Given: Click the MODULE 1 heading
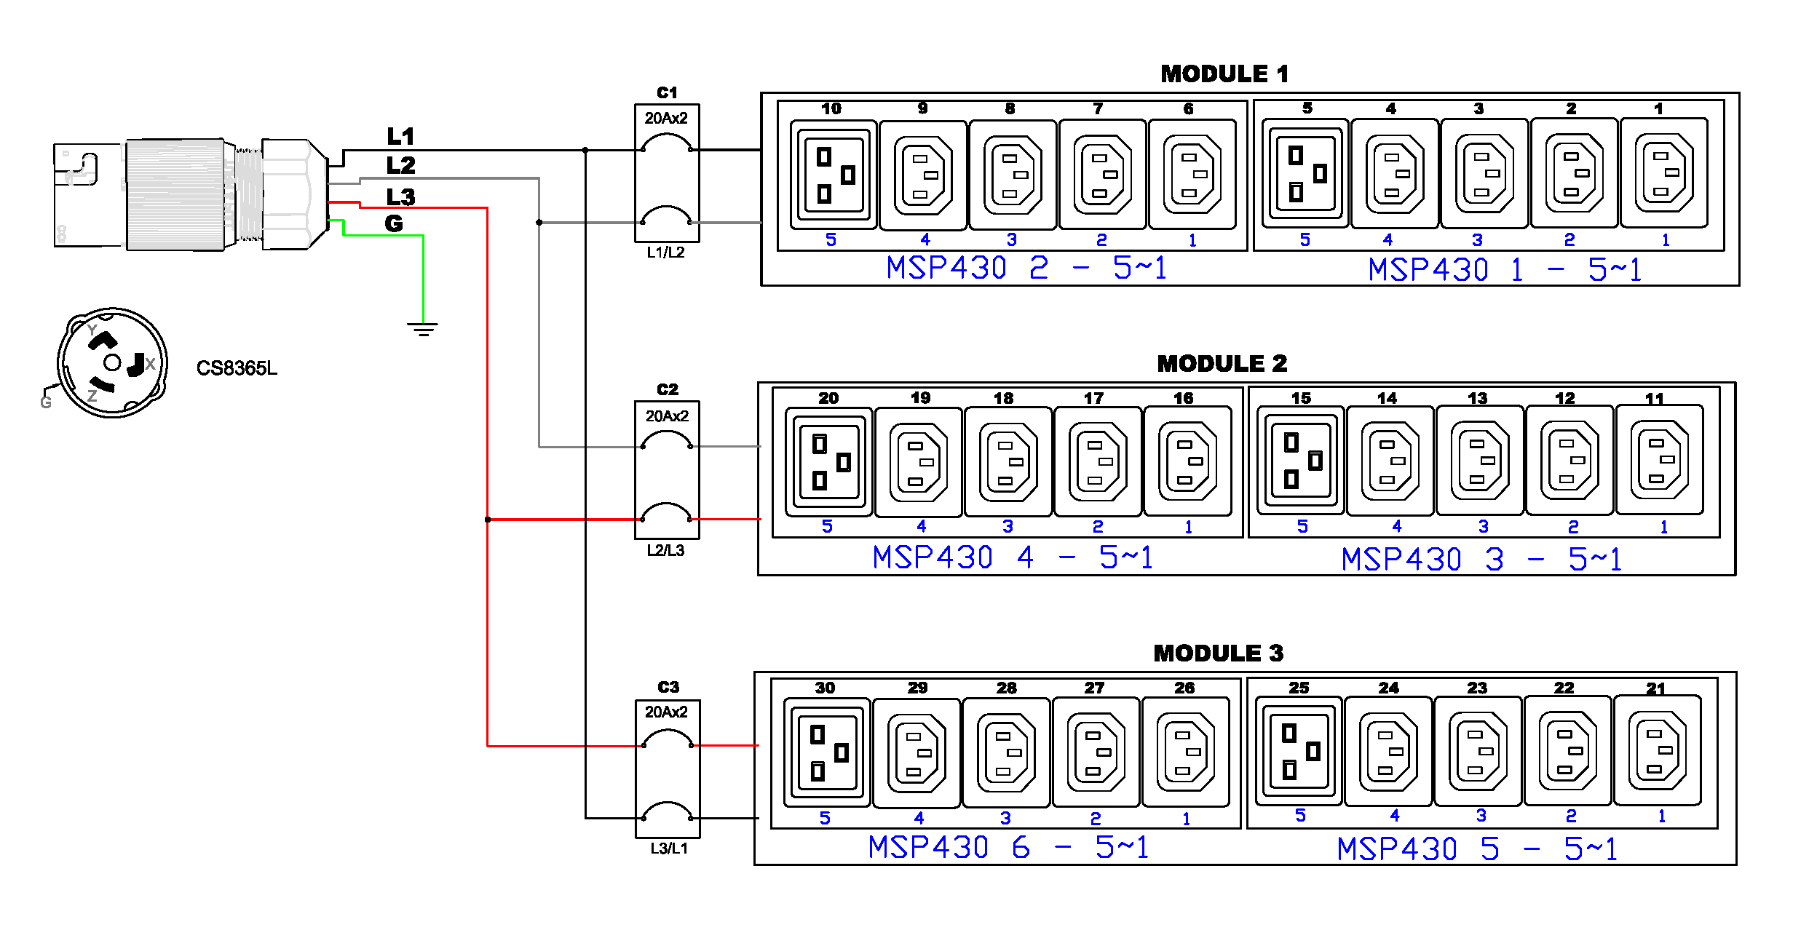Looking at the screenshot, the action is pyautogui.click(x=1224, y=73).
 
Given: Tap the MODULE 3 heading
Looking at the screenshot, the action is pyautogui.click(x=1218, y=653).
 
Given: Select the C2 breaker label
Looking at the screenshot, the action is pyautogui.click(x=667, y=389).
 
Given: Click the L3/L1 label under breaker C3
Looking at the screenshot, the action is pyautogui.click(x=668, y=848).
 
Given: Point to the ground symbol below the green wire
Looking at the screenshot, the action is pyautogui.click(x=423, y=329).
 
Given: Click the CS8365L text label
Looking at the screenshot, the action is pyautogui.click(x=237, y=368).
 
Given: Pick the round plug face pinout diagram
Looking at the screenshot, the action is pyautogui.click(x=112, y=362).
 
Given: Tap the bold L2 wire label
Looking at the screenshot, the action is pyautogui.click(x=400, y=166).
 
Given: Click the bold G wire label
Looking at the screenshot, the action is pyautogui.click(x=394, y=223).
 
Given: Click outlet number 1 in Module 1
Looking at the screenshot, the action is pyautogui.click(x=1663, y=173).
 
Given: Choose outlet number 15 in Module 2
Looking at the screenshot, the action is pyautogui.click(x=1300, y=460).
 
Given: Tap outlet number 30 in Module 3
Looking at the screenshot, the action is pyautogui.click(x=827, y=752).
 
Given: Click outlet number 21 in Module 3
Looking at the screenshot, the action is pyautogui.click(x=1658, y=750).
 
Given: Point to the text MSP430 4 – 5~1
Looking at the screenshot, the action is pyautogui.click(x=1013, y=557).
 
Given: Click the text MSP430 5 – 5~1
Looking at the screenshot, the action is pyautogui.click(x=1478, y=848).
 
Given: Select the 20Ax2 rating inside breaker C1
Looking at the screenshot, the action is pyautogui.click(x=666, y=118).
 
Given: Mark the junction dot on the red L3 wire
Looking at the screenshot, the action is pyautogui.click(x=488, y=520).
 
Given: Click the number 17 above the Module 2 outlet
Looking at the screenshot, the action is pyautogui.click(x=1093, y=398).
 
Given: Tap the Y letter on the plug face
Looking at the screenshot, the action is pyautogui.click(x=92, y=330).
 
